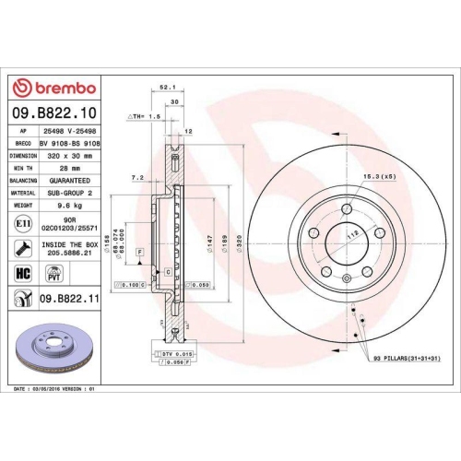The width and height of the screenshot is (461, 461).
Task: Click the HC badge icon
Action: coord(22,274)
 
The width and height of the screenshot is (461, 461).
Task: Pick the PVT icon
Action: coord(53,274)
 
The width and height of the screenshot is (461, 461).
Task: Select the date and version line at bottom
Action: coord(56,389)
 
